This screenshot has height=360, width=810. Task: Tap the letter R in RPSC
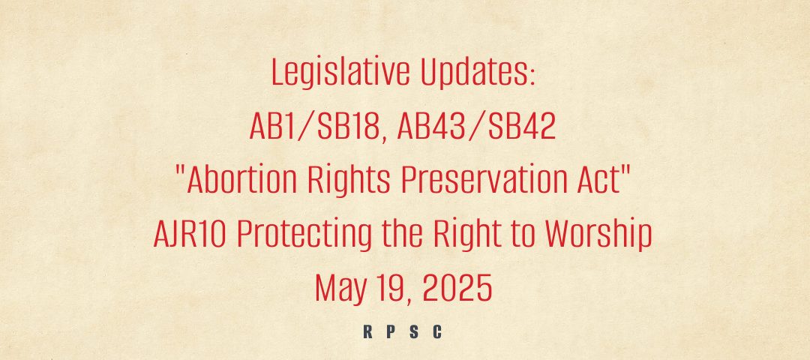coord(367,332)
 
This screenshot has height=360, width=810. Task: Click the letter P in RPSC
coord(391,332)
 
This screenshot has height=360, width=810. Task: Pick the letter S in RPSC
coord(414,332)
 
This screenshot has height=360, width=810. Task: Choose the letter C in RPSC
coord(437,332)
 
